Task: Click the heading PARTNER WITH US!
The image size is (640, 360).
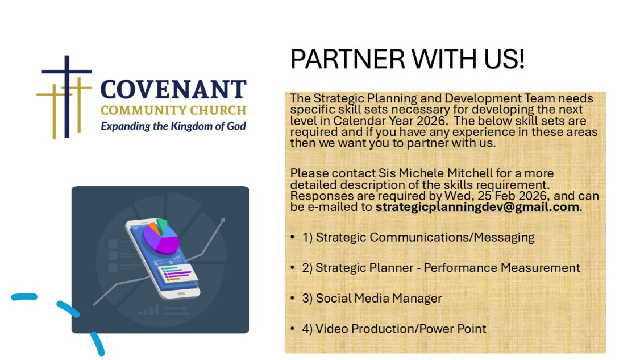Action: (408, 59)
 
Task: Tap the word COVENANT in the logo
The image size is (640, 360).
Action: (173, 89)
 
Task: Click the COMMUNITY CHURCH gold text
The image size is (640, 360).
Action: (173, 110)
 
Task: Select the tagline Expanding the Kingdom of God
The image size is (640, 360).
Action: (173, 126)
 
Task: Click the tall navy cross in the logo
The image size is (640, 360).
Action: (67, 97)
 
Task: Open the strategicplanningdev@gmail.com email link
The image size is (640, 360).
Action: (477, 207)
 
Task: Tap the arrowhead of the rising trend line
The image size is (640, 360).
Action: (222, 221)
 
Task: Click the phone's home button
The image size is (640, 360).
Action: (181, 293)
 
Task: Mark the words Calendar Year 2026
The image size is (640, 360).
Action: (388, 121)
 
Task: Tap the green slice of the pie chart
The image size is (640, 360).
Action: (162, 224)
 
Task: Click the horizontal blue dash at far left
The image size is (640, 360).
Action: (24, 297)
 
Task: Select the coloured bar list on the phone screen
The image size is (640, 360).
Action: (177, 272)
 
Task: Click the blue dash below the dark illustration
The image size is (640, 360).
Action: (98, 344)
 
